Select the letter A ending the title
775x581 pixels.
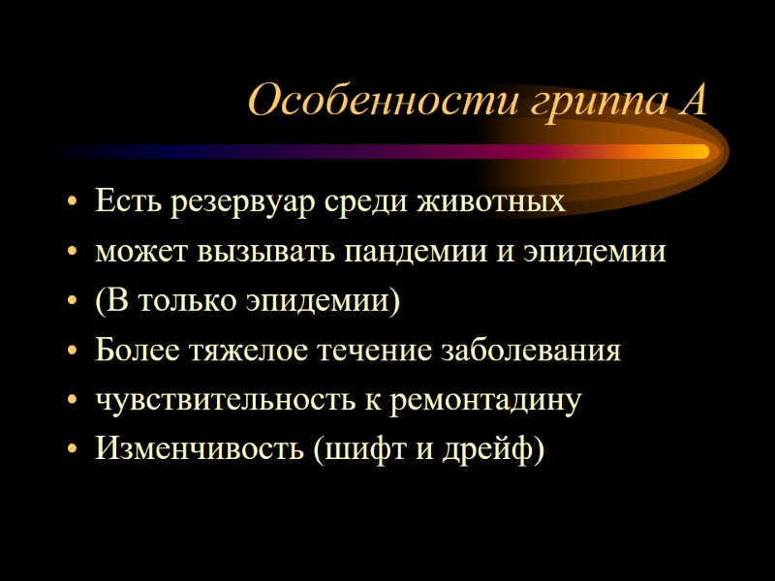coord(693,100)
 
